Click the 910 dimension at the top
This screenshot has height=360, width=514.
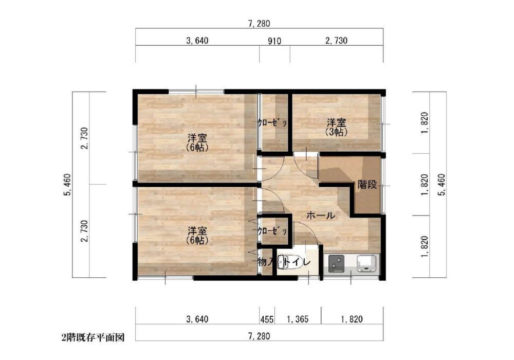point(274,41)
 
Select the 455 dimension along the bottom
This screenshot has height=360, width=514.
point(267,319)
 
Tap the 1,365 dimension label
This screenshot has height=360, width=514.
point(298,319)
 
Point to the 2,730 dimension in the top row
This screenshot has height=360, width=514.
point(337,41)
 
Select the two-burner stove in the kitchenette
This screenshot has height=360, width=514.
point(336,263)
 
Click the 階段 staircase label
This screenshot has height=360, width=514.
point(367,185)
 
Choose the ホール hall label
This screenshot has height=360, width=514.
point(321,215)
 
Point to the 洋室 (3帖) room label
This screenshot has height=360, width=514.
point(336,128)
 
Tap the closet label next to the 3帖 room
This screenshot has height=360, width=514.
point(272,122)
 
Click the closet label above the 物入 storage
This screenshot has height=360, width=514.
point(272,231)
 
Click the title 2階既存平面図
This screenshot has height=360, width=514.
point(93,338)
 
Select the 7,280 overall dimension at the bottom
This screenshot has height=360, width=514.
point(259,336)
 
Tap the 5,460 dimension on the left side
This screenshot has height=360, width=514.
point(67,185)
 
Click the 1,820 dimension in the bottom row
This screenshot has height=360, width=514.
point(352,319)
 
